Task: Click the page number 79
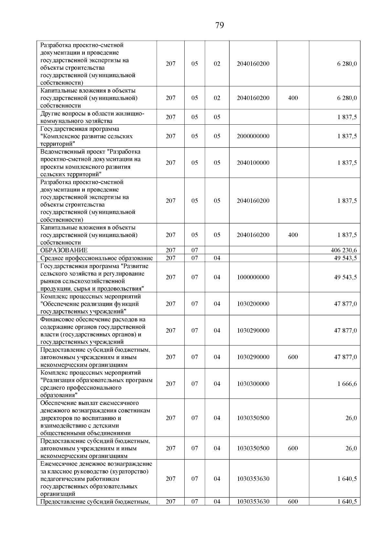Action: click(x=219, y=26)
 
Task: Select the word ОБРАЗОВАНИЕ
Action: click(x=64, y=250)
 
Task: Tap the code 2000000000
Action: click(x=253, y=136)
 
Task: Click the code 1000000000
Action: click(x=253, y=277)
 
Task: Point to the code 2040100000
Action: click(x=253, y=163)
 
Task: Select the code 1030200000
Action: click(x=253, y=304)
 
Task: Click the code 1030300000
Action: click(x=253, y=384)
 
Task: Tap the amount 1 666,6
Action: click(x=347, y=384)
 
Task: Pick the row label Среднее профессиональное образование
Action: click(x=96, y=258)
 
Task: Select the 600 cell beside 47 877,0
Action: click(x=293, y=357)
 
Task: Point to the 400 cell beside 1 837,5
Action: click(x=293, y=235)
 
